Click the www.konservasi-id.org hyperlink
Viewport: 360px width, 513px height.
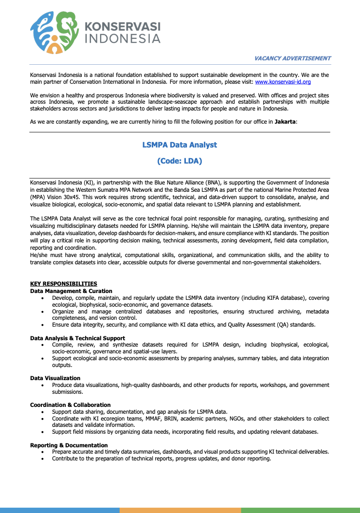(283, 82)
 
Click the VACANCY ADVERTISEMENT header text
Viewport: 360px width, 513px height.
(292, 58)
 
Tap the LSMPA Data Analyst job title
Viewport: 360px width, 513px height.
(180, 145)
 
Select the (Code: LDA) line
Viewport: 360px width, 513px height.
(180, 161)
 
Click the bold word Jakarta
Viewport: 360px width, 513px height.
(285, 121)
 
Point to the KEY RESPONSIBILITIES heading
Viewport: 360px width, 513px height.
(63, 284)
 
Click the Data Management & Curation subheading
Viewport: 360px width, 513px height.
(71, 291)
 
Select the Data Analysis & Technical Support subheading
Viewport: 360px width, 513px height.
(77, 338)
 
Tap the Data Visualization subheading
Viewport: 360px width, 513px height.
(55, 378)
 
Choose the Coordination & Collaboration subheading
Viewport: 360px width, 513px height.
(70, 405)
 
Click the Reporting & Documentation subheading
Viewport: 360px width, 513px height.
(69, 445)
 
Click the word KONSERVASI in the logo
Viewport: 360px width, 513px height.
(122, 27)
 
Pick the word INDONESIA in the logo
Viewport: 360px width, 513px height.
(122, 38)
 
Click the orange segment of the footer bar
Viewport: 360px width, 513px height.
(180, 510)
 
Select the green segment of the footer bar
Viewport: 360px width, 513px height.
(300, 510)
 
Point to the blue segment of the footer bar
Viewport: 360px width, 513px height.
(59, 510)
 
